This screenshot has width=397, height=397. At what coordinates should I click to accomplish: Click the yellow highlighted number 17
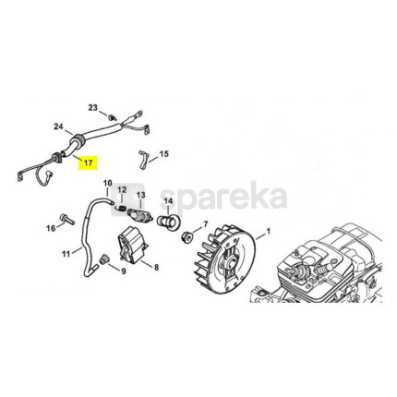tap(88, 162)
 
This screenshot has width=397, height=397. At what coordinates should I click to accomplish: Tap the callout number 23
tap(92, 108)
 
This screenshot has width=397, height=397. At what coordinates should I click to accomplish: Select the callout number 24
tap(58, 126)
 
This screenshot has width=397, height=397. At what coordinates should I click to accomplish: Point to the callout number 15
tap(164, 153)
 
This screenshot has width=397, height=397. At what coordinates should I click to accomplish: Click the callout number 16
tap(51, 228)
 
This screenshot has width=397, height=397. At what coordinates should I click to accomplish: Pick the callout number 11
tap(66, 254)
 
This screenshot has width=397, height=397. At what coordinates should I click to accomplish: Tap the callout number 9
tap(123, 271)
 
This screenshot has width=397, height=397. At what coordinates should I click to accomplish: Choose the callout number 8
tap(156, 268)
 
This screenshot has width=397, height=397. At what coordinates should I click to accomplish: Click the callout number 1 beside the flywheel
tap(268, 231)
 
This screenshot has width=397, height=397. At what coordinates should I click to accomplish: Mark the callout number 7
tap(206, 223)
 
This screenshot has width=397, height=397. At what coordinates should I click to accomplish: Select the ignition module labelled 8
tap(134, 244)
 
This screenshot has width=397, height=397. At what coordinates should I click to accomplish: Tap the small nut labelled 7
tap(186, 237)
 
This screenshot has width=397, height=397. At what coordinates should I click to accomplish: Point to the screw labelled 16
tap(67, 219)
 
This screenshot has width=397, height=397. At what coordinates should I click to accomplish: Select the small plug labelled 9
tap(103, 259)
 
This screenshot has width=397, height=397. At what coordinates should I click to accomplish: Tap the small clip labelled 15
tap(143, 160)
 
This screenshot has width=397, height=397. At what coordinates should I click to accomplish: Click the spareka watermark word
tap(223, 198)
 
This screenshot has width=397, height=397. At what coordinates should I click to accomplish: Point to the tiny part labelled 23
tap(112, 117)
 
